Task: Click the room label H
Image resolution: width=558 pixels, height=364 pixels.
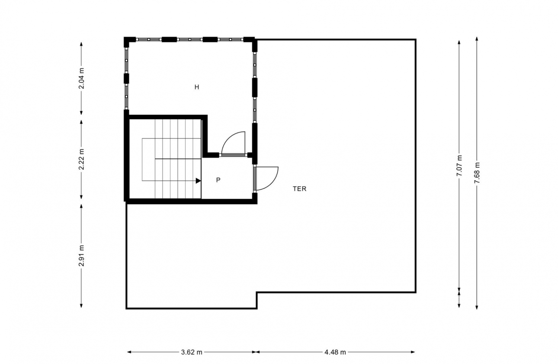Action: [196, 87]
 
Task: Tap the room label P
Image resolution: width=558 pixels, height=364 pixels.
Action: [218, 180]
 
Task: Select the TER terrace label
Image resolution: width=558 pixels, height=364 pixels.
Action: [299, 188]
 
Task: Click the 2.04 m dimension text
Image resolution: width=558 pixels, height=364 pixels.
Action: [81, 79]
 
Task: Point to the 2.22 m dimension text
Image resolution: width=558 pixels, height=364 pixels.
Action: [81, 159]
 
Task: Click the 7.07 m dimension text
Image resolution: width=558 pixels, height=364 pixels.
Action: [459, 166]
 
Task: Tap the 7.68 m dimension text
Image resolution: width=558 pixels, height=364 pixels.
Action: [477, 173]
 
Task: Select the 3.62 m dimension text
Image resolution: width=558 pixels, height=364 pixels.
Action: [192, 352]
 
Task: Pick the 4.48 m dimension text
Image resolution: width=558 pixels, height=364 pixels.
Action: [335, 352]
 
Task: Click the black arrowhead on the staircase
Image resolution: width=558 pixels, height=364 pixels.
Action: [198, 181]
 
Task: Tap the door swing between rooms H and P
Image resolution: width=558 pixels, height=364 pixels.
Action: [234, 143]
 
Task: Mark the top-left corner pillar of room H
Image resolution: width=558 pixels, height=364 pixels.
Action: [127, 41]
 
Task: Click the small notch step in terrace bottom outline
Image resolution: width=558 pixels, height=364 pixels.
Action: [257, 300]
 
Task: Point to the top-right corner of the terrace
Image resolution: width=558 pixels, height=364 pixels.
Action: [415, 40]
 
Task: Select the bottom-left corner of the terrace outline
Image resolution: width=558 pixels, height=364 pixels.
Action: [126, 308]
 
